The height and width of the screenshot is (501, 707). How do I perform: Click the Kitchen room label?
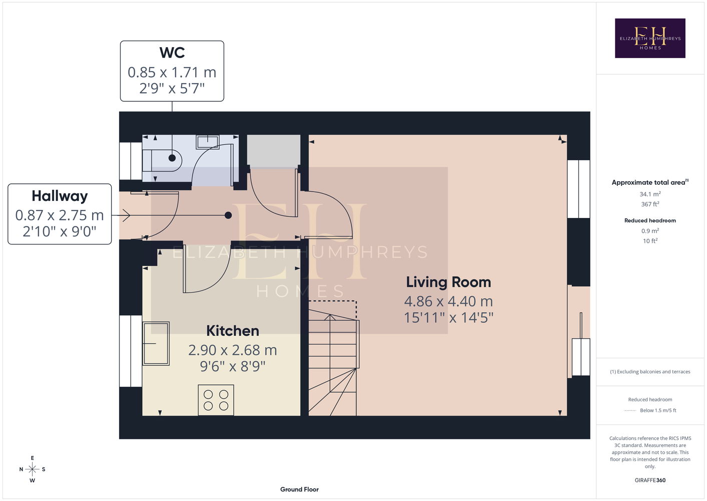[x=233, y=331]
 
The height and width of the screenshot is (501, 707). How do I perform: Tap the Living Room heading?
[x=448, y=282]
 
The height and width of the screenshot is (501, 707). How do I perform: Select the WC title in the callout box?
[x=172, y=53]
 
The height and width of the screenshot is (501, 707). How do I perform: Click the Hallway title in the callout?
[x=60, y=196]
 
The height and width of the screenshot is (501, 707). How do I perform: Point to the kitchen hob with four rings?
[x=216, y=400]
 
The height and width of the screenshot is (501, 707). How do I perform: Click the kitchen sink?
[x=156, y=344]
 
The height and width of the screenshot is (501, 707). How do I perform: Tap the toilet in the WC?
[x=162, y=161]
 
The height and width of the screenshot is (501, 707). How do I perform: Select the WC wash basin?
[x=208, y=142]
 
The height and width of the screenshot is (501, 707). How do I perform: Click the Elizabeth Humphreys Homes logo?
[x=650, y=38]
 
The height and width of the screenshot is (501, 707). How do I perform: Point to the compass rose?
[x=32, y=469]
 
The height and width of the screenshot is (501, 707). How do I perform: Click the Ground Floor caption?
[x=300, y=489]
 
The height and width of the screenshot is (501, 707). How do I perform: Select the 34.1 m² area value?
[x=650, y=194]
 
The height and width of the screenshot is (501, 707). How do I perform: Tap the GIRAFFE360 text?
[x=650, y=480]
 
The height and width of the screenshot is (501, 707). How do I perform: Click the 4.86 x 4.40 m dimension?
[x=448, y=301]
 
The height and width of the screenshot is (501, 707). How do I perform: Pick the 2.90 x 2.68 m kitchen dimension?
[x=233, y=350]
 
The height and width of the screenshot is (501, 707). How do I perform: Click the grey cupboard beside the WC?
[x=274, y=150]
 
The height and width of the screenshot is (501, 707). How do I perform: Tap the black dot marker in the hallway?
[x=228, y=215]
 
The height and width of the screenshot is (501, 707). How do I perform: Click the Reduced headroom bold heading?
[x=650, y=220]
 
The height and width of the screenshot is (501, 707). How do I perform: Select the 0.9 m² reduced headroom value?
[x=650, y=231]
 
